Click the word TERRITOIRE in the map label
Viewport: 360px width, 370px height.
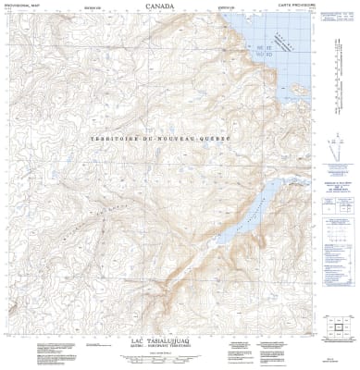[111, 139]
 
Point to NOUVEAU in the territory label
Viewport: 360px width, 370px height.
[179, 139]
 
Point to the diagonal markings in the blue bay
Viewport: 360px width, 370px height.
[297, 66]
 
